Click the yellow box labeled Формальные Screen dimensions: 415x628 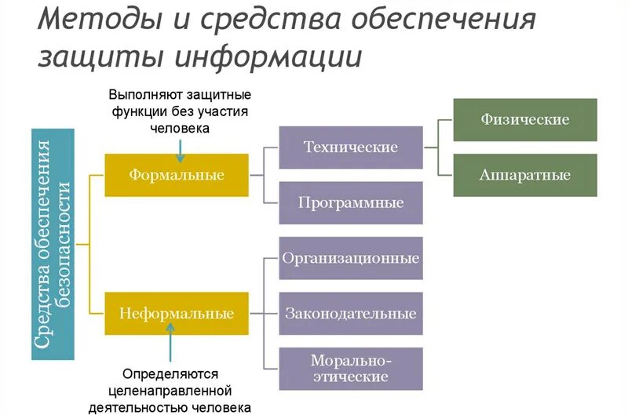coord(177,174)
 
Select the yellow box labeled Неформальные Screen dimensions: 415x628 coord(177,313)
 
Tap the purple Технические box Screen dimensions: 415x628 coord(350,147)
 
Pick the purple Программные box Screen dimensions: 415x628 coord(350,202)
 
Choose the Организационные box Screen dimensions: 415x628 coord(350,258)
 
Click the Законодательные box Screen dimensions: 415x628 coord(350,313)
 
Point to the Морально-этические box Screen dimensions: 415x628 coord(350,369)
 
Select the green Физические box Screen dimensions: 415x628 coord(524,119)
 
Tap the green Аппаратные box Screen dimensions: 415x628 coord(524,175)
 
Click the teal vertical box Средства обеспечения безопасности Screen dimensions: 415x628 coord(53,244)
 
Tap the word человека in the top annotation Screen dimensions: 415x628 coord(181,128)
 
